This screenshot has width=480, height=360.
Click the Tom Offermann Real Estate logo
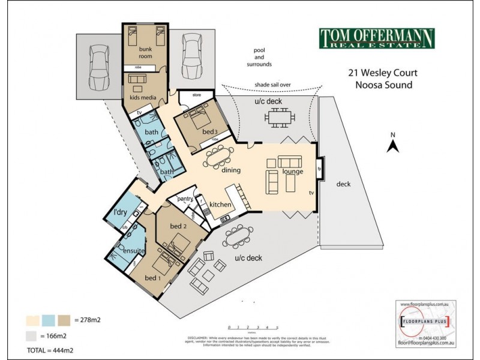pos(376,38)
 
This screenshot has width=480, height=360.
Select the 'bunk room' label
pos(146,52)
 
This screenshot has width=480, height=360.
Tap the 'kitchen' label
pos(221,205)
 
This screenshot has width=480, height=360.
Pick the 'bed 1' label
pos(152,279)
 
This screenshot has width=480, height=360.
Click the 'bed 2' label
pos(176,226)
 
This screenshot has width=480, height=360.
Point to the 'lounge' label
pos(293,172)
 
